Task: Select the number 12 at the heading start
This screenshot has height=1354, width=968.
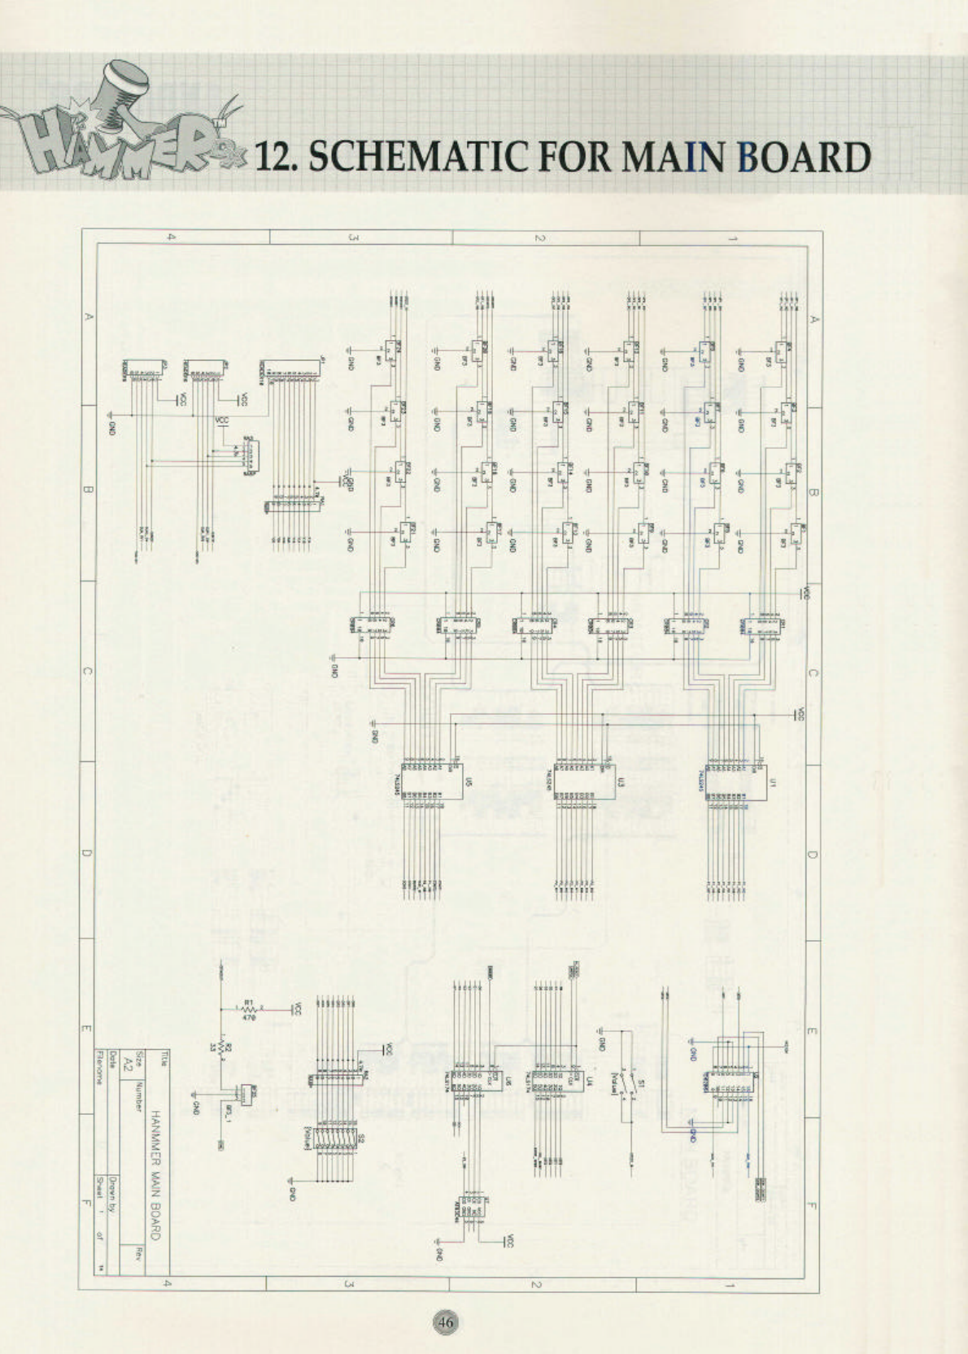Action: tap(277, 157)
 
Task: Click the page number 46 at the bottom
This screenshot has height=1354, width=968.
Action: tap(445, 1321)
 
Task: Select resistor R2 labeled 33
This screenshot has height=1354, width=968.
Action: tap(225, 1049)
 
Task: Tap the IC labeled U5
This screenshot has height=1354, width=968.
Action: tap(433, 781)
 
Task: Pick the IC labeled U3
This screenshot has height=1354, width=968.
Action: tap(584, 781)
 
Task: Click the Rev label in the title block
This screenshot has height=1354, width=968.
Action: tap(140, 1251)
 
